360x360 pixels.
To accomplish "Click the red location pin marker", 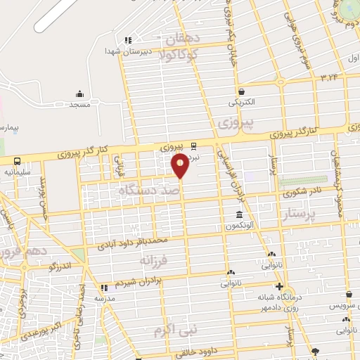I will (180, 165).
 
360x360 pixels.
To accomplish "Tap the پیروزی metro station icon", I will (194, 147).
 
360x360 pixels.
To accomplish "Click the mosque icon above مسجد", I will (79, 94).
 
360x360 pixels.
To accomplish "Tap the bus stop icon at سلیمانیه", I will (15, 161).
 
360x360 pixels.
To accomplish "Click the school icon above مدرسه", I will (104, 288).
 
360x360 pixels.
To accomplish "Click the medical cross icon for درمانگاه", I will (280, 286).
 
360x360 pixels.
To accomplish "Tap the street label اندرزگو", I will (61, 266).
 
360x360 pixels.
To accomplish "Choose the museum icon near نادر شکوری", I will (239, 215).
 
